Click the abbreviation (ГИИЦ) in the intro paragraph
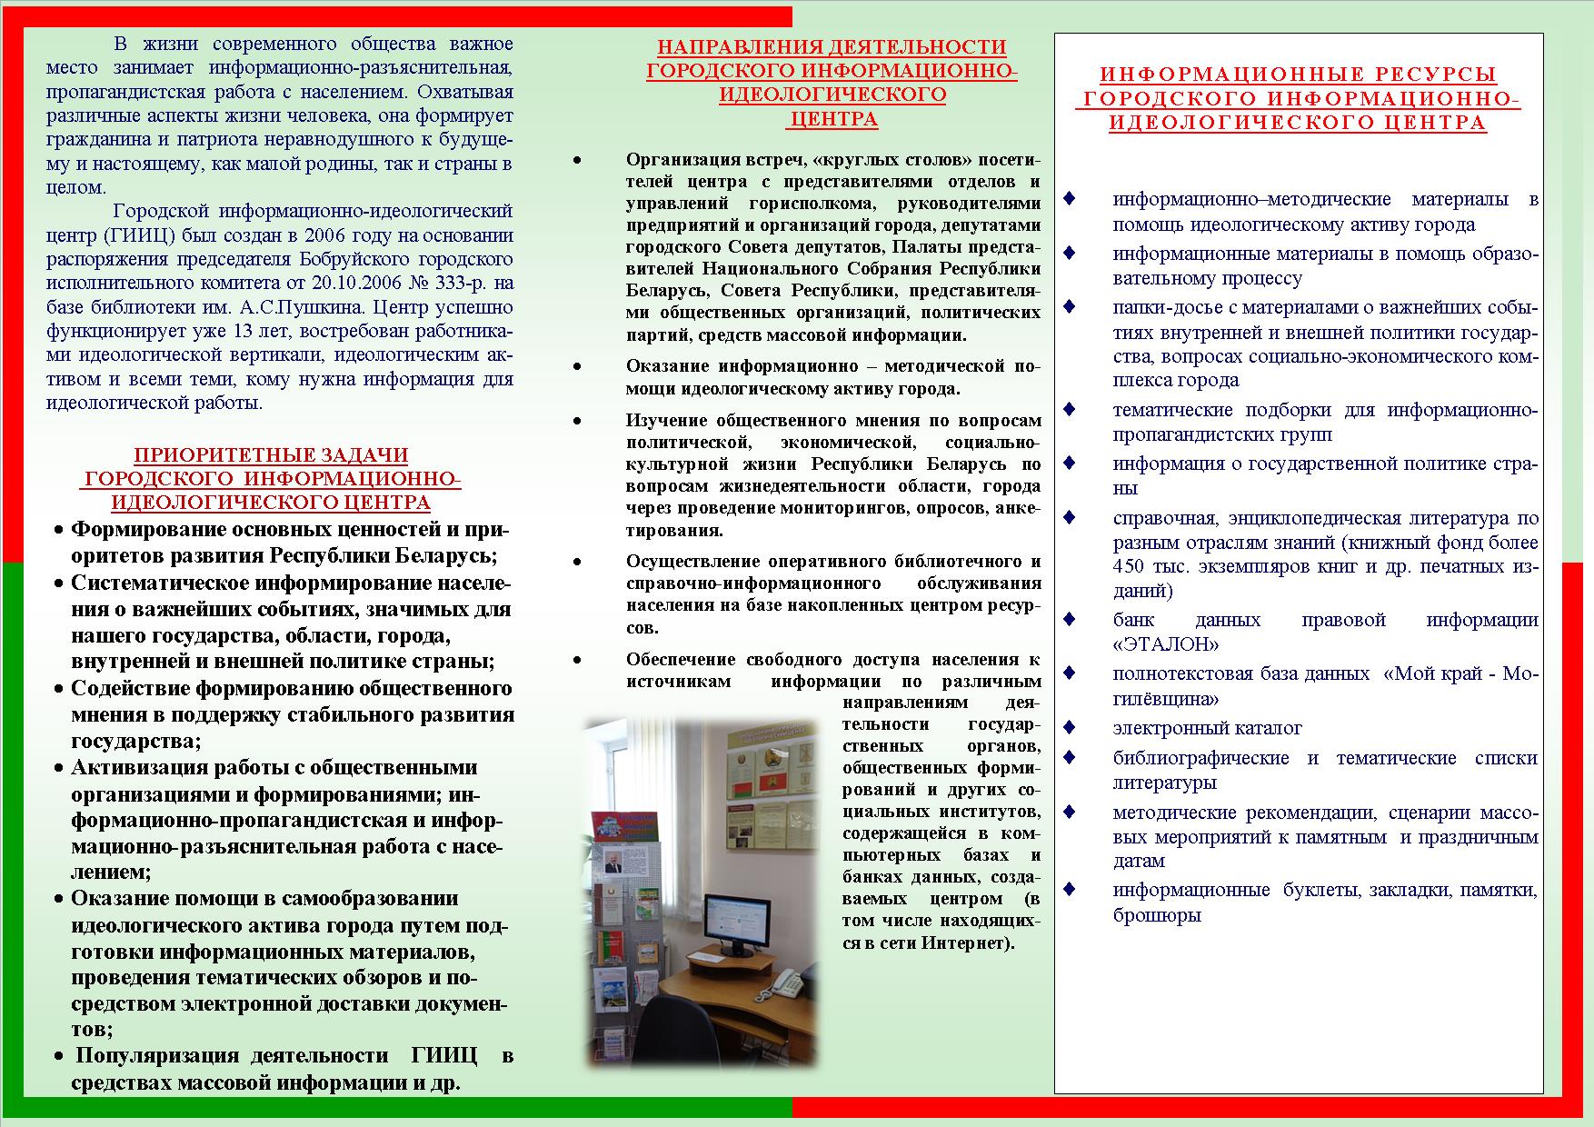[135, 235]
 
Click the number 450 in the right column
[1131, 566]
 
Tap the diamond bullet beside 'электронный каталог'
[1070, 727]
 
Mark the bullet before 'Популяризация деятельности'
[59, 1056]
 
